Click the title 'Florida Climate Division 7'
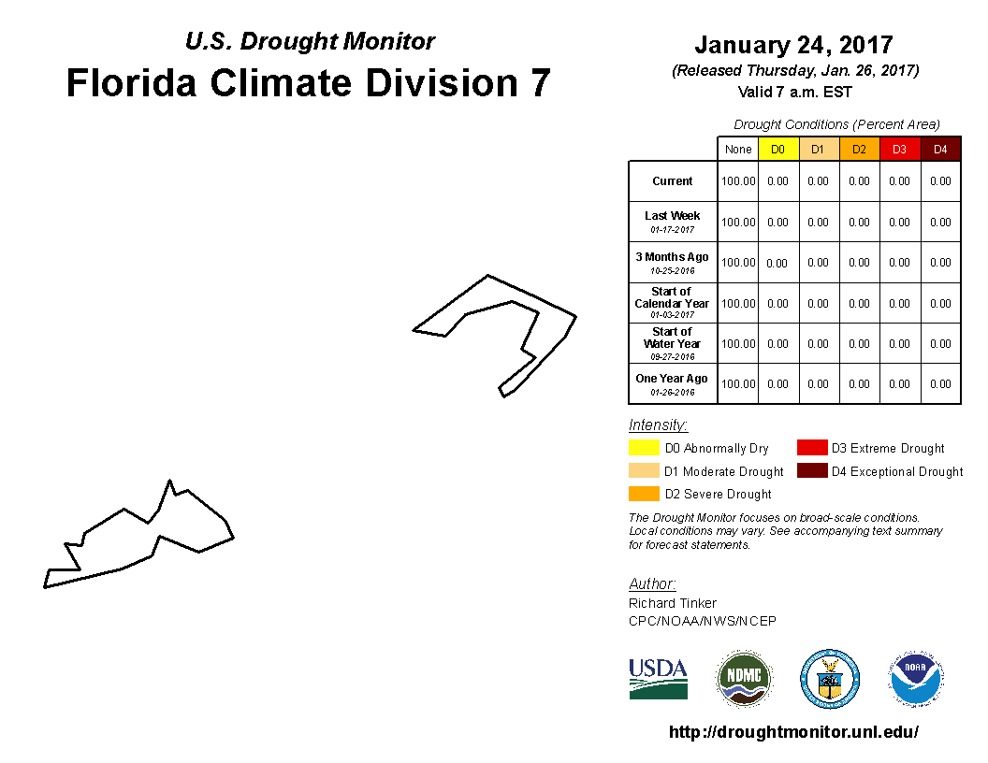coord(309,83)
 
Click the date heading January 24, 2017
coord(793,45)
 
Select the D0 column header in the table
coord(777,150)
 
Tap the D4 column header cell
coord(940,150)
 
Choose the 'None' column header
coord(737,150)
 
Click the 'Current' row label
coord(673,181)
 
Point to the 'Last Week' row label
coord(673,216)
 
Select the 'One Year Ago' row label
coord(672,379)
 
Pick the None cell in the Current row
coord(737,181)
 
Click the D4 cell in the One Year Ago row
coord(940,384)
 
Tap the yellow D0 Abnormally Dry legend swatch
coord(645,448)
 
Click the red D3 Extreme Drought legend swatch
coord(812,448)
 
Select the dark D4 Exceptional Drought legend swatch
coord(812,471)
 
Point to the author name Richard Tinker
coord(673,603)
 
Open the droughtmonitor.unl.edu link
coord(793,732)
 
